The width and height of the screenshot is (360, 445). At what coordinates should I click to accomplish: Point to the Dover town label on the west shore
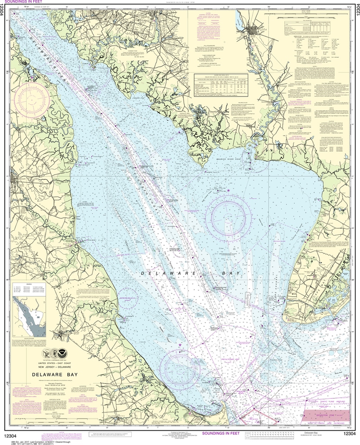[x=17, y=177]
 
